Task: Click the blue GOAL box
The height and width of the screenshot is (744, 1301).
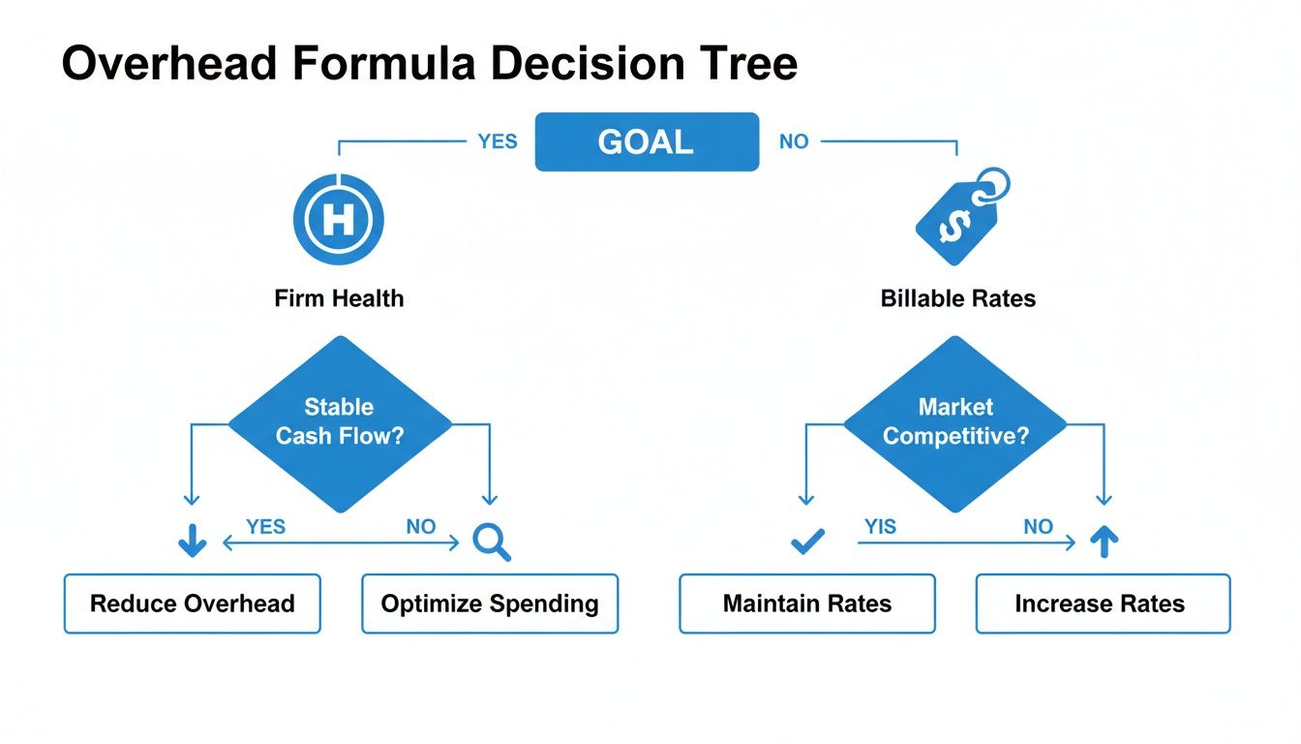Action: click(647, 142)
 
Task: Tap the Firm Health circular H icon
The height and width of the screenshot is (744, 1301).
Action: click(338, 220)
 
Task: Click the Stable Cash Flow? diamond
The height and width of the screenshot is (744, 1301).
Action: click(339, 422)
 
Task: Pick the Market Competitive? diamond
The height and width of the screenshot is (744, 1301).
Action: click(955, 422)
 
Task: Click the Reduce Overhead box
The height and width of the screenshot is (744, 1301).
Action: click(192, 604)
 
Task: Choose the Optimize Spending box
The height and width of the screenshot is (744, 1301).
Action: click(490, 604)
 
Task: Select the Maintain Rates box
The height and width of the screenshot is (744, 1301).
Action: click(807, 604)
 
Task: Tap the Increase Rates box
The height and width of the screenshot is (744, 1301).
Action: click(1103, 604)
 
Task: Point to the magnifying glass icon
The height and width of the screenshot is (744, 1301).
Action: click(491, 542)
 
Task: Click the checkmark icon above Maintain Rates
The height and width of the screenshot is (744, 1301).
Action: click(807, 542)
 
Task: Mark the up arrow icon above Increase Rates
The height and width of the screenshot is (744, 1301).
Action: click(1103, 542)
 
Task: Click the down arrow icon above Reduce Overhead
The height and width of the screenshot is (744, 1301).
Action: click(193, 542)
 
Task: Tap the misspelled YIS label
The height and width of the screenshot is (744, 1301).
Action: click(880, 527)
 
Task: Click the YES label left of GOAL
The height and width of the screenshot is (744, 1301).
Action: click(498, 141)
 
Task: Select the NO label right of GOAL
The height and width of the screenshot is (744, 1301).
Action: click(794, 141)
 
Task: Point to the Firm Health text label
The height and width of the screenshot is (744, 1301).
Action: click(339, 298)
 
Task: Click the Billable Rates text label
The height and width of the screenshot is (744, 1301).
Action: click(958, 298)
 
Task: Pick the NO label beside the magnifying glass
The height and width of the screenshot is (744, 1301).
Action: click(421, 527)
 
